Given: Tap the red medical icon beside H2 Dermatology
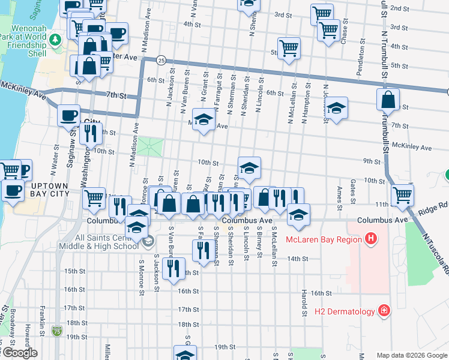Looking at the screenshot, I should (382, 311).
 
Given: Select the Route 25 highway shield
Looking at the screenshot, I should (161, 60).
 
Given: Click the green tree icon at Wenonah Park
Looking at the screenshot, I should (55, 40).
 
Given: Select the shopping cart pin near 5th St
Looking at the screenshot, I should (289, 49).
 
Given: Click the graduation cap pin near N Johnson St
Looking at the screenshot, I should (336, 109).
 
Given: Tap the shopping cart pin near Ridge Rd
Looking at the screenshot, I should (402, 194).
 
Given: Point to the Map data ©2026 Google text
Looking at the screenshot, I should (412, 355).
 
